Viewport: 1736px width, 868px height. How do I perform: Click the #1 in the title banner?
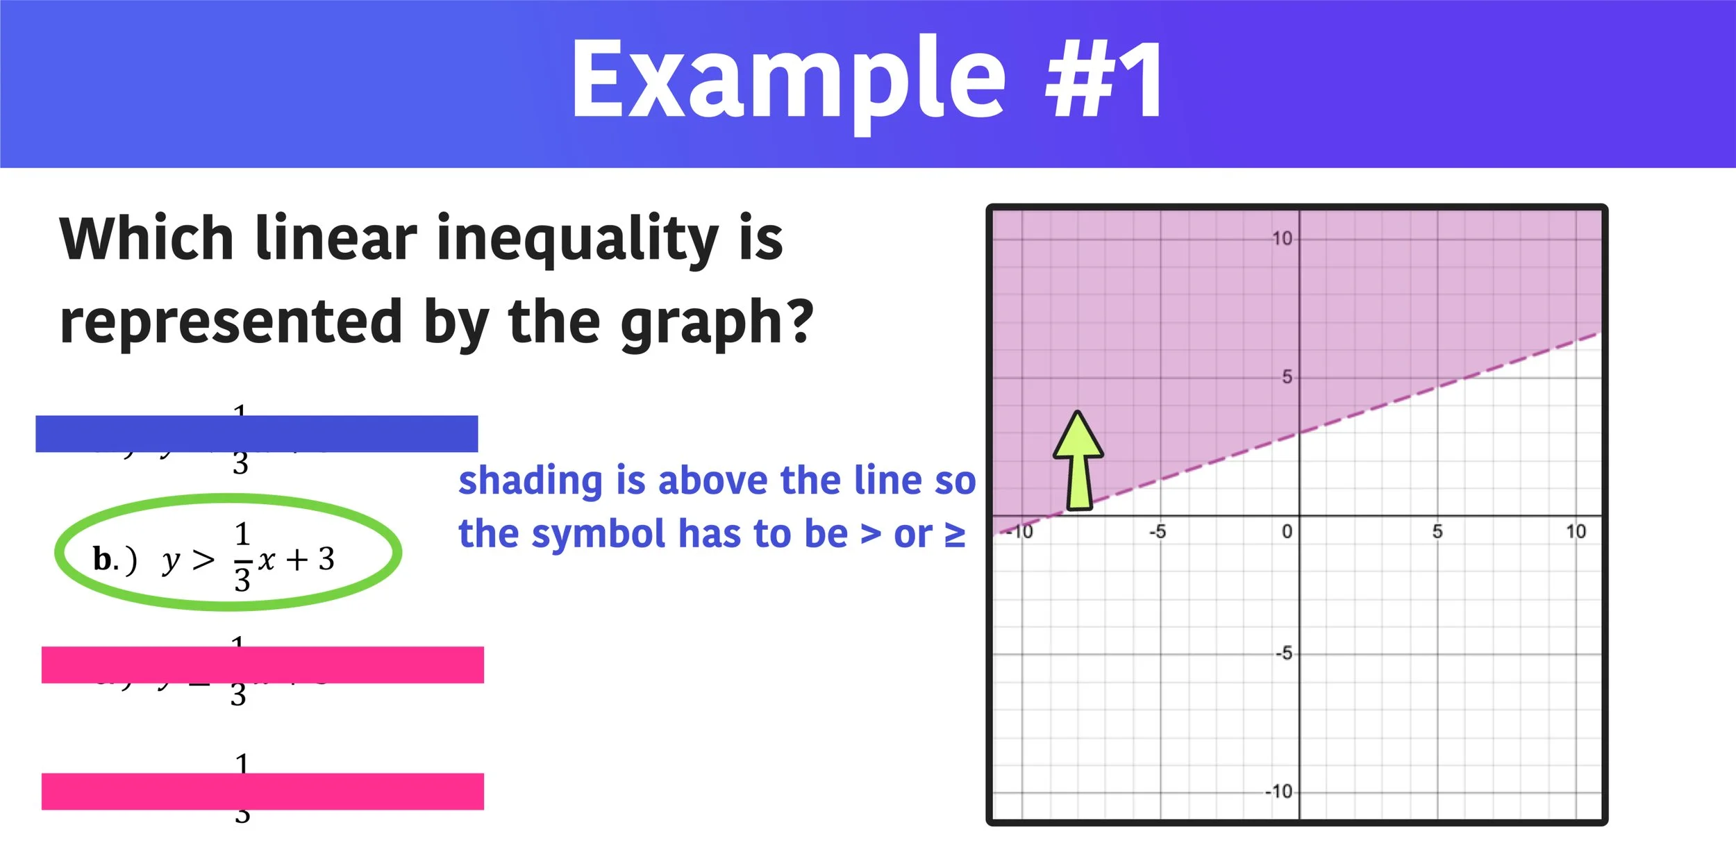click(1104, 80)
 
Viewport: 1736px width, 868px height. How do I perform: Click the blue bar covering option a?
click(256, 433)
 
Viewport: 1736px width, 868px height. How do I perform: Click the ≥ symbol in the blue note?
click(955, 535)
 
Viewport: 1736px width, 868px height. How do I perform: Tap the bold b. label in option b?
click(106, 560)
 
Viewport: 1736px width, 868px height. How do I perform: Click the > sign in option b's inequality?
click(203, 560)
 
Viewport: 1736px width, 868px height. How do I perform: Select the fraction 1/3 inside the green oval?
click(242, 558)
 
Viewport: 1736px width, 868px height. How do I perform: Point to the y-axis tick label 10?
click(1282, 239)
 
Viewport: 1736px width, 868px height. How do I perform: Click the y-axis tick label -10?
click(1278, 792)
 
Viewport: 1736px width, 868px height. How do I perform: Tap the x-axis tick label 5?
click(1437, 532)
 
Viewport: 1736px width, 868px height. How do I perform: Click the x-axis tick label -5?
click(1158, 532)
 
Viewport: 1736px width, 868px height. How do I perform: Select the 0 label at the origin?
click(1287, 532)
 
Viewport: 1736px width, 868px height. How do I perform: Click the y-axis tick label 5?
click(1287, 377)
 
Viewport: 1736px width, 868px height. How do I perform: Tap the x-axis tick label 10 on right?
click(1576, 532)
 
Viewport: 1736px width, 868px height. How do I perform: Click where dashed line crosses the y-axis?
click(1299, 433)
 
